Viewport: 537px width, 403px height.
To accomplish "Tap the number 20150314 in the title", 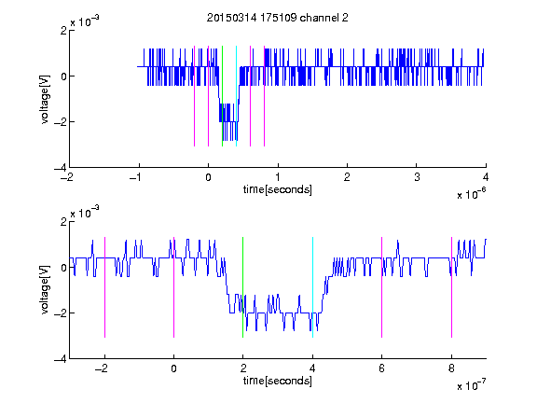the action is tap(231, 18).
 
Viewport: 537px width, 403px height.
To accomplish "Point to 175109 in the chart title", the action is tap(278, 18).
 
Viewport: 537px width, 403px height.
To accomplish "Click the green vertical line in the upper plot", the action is tap(222, 96).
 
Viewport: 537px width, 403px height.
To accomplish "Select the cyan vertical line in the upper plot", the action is tap(236, 96).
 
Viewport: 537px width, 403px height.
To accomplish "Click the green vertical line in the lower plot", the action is tap(242, 287).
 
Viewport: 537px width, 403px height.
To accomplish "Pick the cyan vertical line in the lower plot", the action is tap(312, 287).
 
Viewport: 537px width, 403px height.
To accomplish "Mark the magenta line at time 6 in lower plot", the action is tap(382, 287).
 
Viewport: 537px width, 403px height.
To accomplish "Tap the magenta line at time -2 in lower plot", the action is tap(104, 287).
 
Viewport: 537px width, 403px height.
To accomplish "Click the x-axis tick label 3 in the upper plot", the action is tap(417, 177).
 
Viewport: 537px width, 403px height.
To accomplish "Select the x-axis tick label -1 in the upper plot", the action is tap(136, 177).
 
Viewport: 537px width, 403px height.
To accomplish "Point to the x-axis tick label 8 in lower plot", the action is tap(451, 368).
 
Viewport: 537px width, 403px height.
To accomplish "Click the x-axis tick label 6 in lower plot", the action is tap(382, 368).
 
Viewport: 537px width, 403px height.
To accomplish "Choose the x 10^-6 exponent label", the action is tap(471, 194).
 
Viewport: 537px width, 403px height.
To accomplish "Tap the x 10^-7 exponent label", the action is tap(471, 385).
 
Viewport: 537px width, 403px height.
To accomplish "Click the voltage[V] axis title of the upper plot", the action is tap(45, 100).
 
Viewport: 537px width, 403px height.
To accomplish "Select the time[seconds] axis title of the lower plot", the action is tap(278, 381).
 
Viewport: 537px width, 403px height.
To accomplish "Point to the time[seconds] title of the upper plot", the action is tap(278, 189).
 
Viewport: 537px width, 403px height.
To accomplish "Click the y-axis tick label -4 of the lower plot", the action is tap(61, 359).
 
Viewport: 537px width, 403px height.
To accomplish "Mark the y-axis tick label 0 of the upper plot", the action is tap(63, 76).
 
